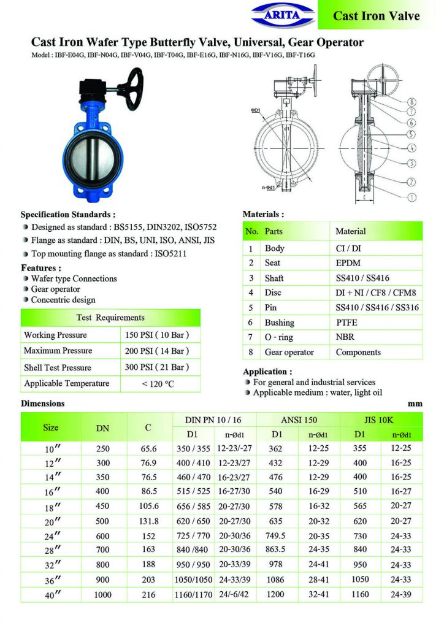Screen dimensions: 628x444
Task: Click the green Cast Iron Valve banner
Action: coord(376,15)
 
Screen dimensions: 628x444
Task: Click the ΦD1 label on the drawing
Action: coord(256,110)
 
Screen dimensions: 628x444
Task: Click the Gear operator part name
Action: coord(289,352)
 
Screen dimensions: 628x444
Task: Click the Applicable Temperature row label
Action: coord(66,383)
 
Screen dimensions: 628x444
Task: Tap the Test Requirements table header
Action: coord(110,318)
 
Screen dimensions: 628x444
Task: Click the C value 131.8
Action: coord(148,521)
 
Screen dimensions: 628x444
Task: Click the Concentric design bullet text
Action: coord(63,300)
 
